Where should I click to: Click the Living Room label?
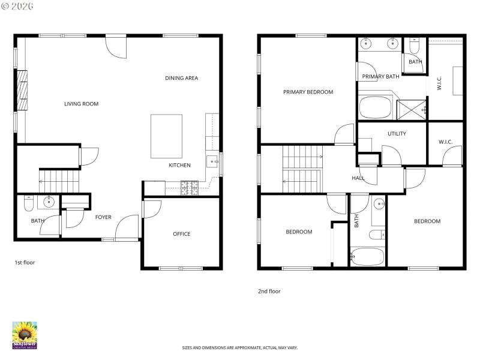pos(81,104)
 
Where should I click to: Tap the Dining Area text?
pos(181,78)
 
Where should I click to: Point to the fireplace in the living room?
pos(22,91)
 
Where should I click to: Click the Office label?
pos(181,234)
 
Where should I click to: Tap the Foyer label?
pos(103,217)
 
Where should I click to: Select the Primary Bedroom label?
pos(308,92)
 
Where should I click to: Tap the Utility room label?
pos(397,134)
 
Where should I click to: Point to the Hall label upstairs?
pos(358,178)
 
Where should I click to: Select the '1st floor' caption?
pos(25,262)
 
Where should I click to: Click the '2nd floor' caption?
pos(269,291)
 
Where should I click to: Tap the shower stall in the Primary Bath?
pos(412,108)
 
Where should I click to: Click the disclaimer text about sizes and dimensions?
pos(240,347)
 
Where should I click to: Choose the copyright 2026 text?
pos(18,6)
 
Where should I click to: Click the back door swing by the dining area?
pos(116,47)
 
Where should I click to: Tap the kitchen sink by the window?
pos(212,161)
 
